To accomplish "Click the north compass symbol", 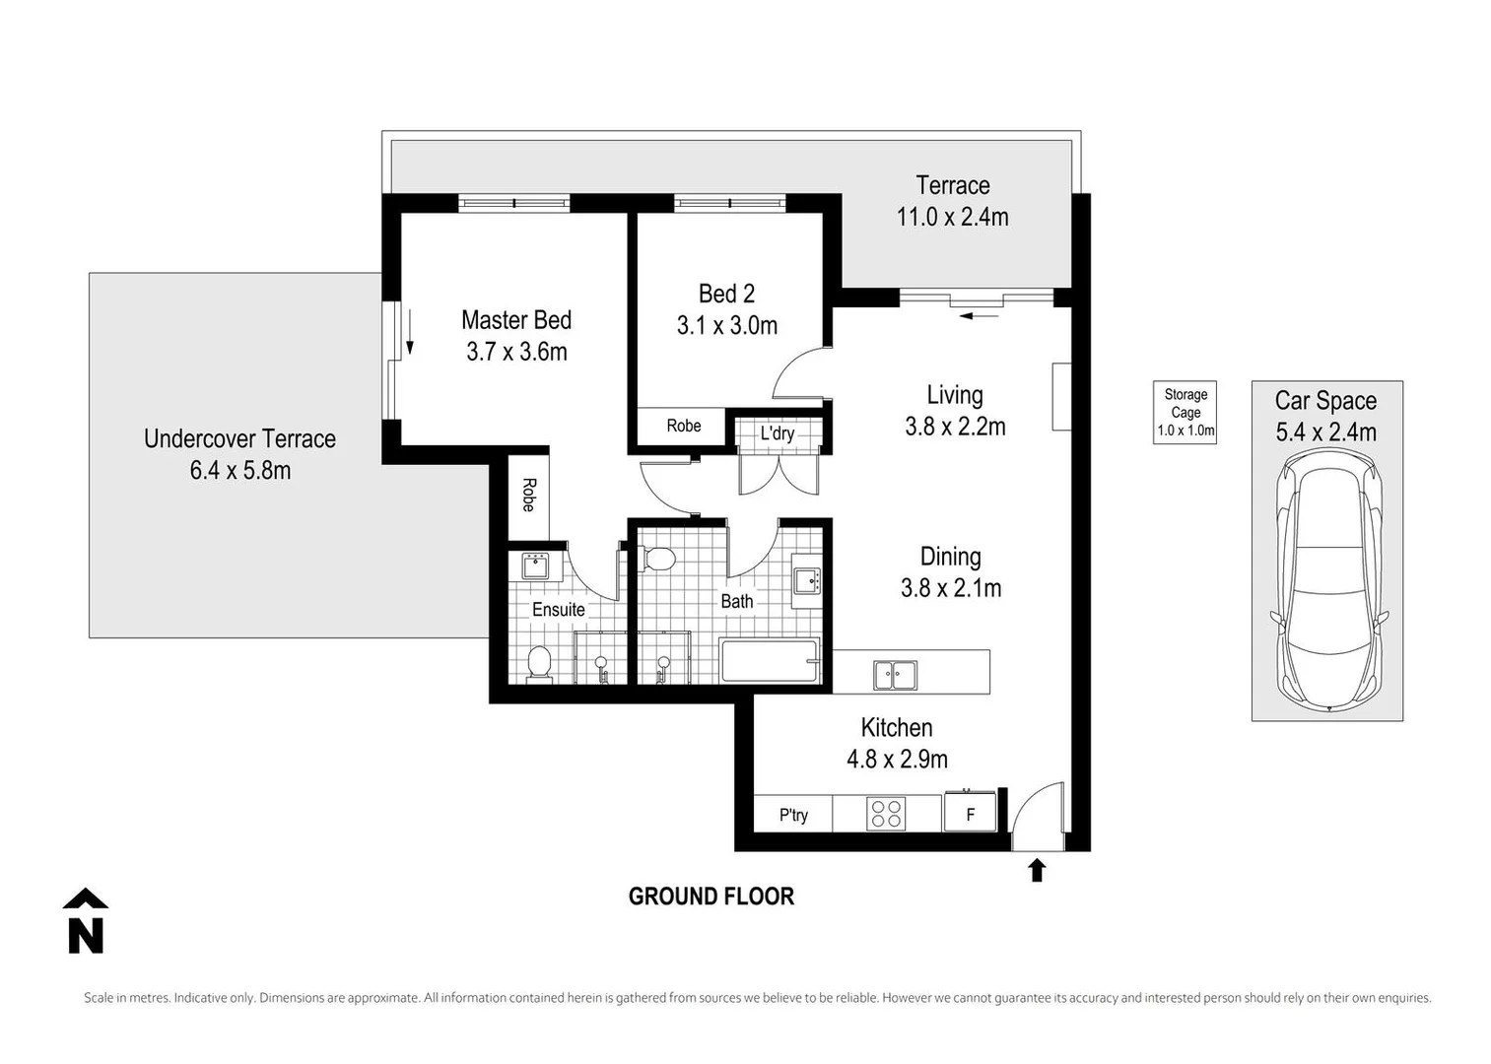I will [x=86, y=922].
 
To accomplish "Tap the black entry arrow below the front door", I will [x=1036, y=870].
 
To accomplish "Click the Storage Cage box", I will [x=1185, y=412].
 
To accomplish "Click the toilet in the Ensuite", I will [x=539, y=663].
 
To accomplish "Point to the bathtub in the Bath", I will [x=770, y=660].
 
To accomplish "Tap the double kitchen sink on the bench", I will [x=895, y=676].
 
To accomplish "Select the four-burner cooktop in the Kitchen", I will [x=886, y=814].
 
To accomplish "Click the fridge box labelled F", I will [x=970, y=815].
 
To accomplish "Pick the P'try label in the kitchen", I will [x=793, y=815].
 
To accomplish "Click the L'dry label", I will [x=777, y=433].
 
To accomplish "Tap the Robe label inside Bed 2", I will [x=683, y=426].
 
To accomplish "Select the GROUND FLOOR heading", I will [x=711, y=897].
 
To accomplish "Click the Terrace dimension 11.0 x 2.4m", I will [x=952, y=217].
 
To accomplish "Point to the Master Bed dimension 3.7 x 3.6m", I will [x=516, y=352].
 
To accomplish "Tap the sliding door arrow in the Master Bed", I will [x=410, y=341].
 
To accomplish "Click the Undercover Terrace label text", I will [x=239, y=438].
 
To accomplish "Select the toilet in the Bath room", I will [x=657, y=560].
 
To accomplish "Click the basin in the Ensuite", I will [x=535, y=566].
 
